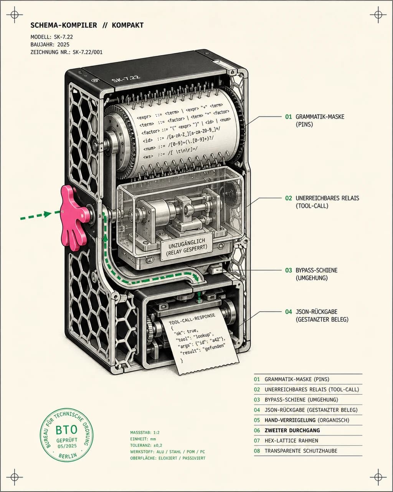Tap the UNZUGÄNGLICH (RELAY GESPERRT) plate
pyautogui.click(x=187, y=247)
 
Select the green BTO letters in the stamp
pyautogui.click(x=66, y=430)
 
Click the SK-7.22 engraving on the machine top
pyautogui.click(x=125, y=79)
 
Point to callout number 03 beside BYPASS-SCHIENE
pyautogui.click(x=288, y=270)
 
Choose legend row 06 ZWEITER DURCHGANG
pyautogui.click(x=287, y=430)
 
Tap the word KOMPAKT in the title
pyautogui.click(x=128, y=25)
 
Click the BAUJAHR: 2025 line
pyautogui.click(x=50, y=44)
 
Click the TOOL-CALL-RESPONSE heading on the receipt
pyautogui.click(x=192, y=319)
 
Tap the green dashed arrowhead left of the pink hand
pyautogui.click(x=48, y=214)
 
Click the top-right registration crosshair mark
pyautogui.click(x=378, y=15)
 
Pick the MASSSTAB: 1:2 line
pyautogui.click(x=145, y=432)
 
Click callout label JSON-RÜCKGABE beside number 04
pyautogui.click(x=316, y=312)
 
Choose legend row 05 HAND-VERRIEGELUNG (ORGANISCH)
pyautogui.click(x=301, y=420)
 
